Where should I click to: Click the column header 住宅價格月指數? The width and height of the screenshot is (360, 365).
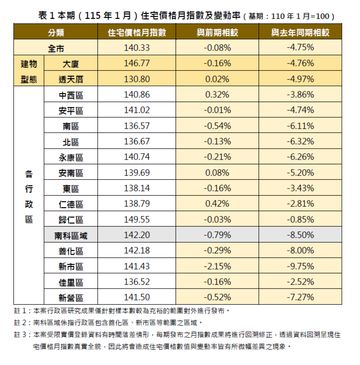click(x=137, y=33)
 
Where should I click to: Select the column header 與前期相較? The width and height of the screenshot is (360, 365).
click(x=217, y=33)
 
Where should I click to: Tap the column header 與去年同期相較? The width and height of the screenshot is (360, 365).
click(x=300, y=33)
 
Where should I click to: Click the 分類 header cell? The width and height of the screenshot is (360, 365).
click(x=56, y=33)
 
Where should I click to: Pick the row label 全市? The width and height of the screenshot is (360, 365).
click(x=56, y=48)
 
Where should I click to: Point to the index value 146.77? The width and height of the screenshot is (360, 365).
click(x=137, y=63)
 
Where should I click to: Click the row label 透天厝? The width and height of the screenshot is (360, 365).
click(x=71, y=79)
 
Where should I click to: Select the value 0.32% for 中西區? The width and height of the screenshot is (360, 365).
click(x=217, y=95)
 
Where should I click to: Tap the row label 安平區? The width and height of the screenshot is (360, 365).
click(x=71, y=110)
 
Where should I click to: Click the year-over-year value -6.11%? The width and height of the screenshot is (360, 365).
click(x=300, y=126)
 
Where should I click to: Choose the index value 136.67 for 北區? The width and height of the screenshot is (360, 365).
click(x=137, y=142)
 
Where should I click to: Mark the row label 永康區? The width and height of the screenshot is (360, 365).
click(x=71, y=158)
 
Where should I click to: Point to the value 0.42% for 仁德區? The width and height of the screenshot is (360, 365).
click(x=217, y=204)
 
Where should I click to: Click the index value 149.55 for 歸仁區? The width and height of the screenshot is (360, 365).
click(x=137, y=220)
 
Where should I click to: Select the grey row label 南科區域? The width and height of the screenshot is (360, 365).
click(x=71, y=235)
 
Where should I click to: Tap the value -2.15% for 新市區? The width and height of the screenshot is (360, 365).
click(x=217, y=267)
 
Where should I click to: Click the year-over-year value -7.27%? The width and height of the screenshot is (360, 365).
click(x=300, y=297)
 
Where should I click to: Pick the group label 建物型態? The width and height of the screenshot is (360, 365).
click(x=29, y=71)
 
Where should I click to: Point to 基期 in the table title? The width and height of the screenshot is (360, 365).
click(x=256, y=16)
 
